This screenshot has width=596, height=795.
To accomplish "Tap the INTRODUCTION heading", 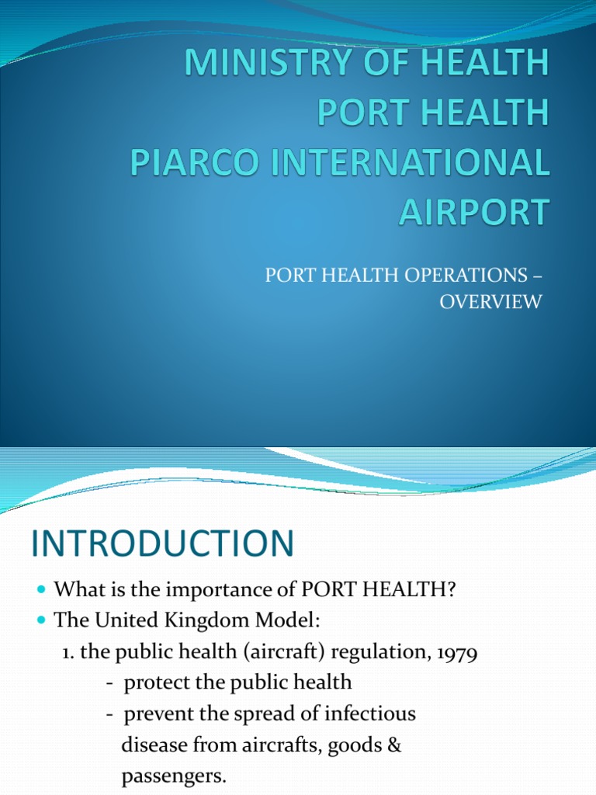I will tap(162, 543).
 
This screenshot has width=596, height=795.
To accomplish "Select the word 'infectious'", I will tap(369, 713).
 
